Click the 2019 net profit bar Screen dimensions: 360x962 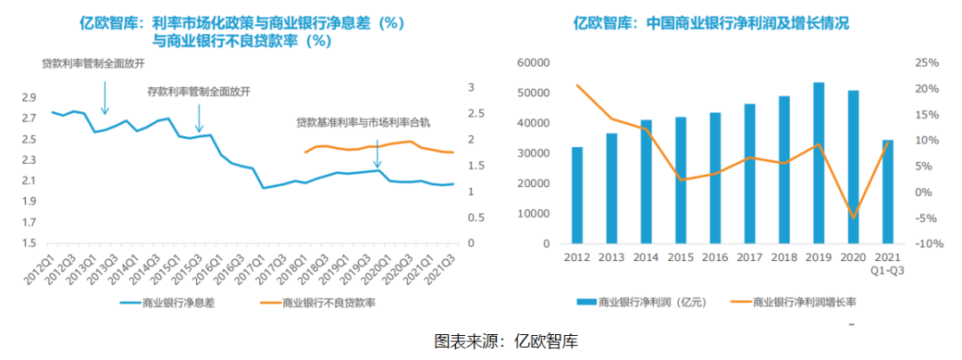[x=819, y=162]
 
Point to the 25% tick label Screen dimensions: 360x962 [x=927, y=63]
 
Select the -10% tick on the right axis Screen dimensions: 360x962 [x=925, y=243]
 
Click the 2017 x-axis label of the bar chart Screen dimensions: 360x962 [x=749, y=258]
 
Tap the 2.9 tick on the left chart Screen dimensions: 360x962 [x=29, y=98]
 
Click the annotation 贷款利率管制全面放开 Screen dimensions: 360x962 [x=94, y=64]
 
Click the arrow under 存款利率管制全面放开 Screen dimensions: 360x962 [x=199, y=116]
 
